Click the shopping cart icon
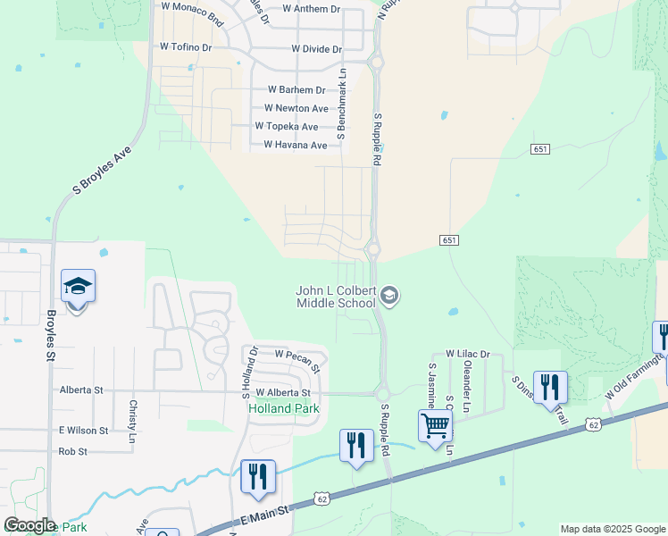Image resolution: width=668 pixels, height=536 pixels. click(x=435, y=425)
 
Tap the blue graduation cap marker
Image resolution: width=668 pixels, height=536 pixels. click(x=78, y=286)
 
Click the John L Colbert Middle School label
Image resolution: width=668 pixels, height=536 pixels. click(x=337, y=297)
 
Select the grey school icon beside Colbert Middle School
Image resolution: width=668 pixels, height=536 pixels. click(x=389, y=294)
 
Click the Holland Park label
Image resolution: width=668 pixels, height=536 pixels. click(x=282, y=408)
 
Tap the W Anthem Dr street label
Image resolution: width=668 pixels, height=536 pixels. click(x=311, y=9)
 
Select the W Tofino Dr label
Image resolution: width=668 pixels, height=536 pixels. click(x=185, y=46)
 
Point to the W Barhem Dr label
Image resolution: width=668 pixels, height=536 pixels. click(x=296, y=90)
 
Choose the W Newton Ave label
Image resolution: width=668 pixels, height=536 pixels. click(x=289, y=108)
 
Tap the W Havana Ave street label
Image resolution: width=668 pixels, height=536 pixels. click(x=295, y=145)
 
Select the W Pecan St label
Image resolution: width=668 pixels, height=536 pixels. click(x=296, y=356)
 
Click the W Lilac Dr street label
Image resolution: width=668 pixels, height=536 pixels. click(x=468, y=355)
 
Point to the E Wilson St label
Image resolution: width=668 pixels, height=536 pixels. click(x=83, y=430)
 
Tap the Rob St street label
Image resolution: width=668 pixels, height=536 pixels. click(x=72, y=451)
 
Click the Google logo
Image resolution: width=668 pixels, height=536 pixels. click(x=29, y=525)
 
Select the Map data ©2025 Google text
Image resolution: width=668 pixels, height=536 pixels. click(x=612, y=529)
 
